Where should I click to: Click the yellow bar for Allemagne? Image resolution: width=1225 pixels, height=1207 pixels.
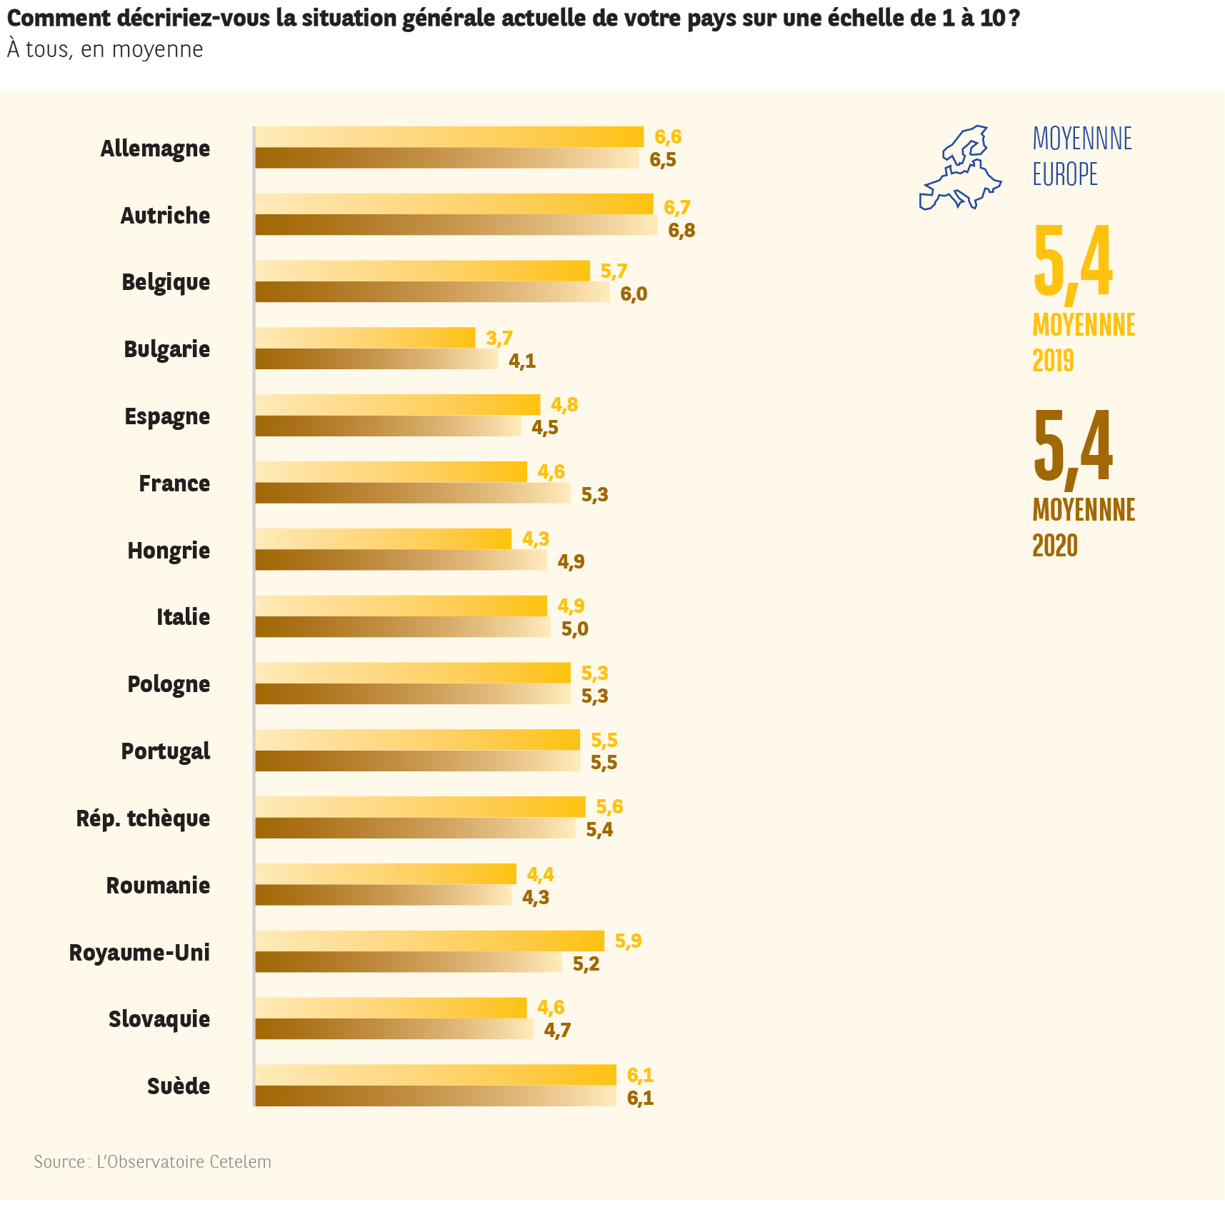pos(449,136)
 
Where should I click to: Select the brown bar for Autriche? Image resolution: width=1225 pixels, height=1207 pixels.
pos(456,225)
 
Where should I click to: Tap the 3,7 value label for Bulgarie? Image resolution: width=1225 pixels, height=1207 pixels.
pos(499,338)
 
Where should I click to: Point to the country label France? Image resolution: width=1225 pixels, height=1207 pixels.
pos(174,484)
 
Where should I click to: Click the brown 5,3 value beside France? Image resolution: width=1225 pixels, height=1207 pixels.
pos(594,494)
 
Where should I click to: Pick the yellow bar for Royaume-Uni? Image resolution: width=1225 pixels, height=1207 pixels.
pos(429,941)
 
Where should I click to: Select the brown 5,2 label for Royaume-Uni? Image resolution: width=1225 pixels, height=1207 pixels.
pos(586,963)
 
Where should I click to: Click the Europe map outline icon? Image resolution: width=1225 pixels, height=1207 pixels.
pos(961,169)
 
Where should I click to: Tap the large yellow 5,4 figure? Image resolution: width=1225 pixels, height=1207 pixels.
pos(1072,261)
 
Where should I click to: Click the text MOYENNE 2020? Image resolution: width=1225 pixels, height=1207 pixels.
pos(1083,528)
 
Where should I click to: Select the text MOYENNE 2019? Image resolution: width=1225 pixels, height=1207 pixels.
pos(1083,343)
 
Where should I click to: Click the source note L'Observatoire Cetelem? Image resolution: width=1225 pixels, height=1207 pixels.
pos(152,1162)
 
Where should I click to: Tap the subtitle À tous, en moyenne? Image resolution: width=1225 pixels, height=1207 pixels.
pos(105,49)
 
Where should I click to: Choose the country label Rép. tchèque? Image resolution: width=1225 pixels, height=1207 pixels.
pos(143,818)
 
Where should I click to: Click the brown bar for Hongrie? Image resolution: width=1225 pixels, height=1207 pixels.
pos(401,560)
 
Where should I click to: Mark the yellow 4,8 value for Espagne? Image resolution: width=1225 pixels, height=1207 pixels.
pos(564,405)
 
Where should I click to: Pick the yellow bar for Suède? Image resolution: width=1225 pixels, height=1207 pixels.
pos(435,1075)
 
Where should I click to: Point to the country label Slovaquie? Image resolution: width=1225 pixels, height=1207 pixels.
pos(159,1019)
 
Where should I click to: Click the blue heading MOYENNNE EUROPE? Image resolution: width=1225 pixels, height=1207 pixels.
pos(1081,156)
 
